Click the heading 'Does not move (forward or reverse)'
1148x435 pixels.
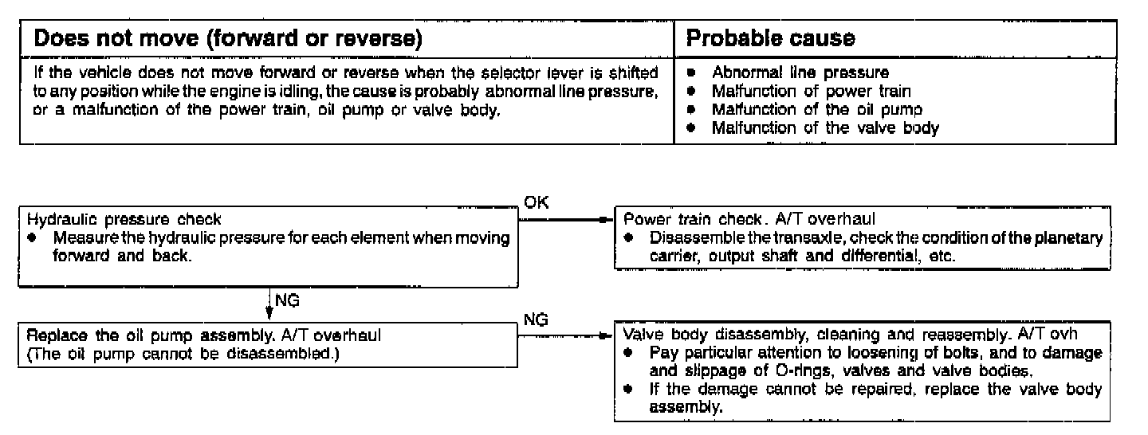[228, 38]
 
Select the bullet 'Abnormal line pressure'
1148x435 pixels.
[800, 72]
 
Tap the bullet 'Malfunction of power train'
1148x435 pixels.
[811, 91]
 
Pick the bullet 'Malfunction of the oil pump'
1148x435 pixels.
[816, 109]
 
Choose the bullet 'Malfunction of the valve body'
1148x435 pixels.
[824, 127]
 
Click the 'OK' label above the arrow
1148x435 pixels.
[535, 203]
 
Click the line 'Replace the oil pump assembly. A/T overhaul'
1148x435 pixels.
[204, 335]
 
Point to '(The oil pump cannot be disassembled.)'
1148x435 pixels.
[182, 354]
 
